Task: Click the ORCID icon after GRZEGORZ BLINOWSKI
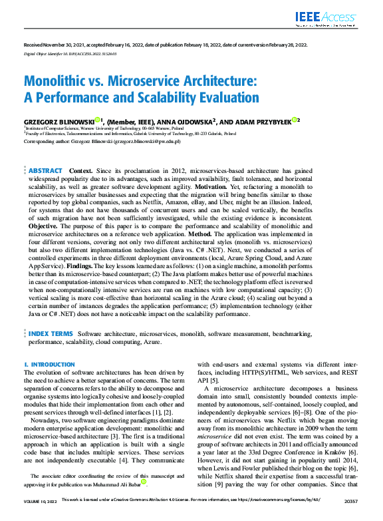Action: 98,120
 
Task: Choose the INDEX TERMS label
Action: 51,332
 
